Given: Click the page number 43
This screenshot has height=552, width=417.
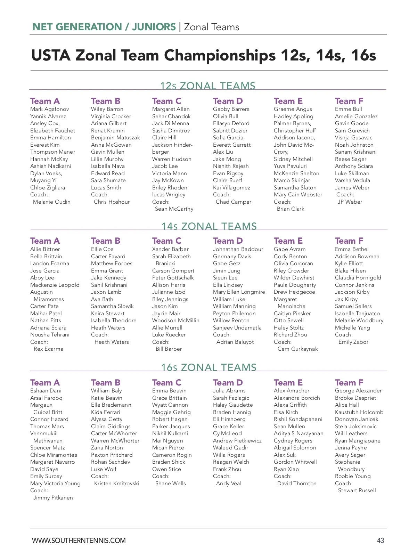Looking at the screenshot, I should click(380, 541).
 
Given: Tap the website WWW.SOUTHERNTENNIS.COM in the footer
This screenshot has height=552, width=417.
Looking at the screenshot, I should click(79, 541).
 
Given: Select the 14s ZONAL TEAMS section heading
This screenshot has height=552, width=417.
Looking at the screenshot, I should click(209, 226).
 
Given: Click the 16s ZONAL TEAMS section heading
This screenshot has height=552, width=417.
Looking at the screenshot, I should click(208, 367).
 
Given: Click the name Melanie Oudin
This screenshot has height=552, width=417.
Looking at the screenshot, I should click(52, 202).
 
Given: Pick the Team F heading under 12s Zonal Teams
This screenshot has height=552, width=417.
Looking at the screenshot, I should click(349, 101).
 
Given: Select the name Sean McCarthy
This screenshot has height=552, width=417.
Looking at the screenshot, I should click(174, 209).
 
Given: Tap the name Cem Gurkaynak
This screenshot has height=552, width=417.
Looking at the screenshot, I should click(297, 349).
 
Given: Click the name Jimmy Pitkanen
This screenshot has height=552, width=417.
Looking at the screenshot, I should click(53, 498).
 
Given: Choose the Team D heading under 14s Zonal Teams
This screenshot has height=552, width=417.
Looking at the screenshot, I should click(228, 241).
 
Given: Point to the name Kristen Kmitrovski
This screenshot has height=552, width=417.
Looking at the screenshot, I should click(117, 484).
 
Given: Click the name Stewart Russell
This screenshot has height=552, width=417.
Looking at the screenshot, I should click(357, 490).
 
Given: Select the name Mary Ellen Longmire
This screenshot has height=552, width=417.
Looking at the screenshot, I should click(239, 292).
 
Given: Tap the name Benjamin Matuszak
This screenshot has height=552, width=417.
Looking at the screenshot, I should click(115, 138).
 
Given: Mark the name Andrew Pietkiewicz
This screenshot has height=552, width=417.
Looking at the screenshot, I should click(237, 441).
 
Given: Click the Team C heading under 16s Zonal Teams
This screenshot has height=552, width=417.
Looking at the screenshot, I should click(167, 383).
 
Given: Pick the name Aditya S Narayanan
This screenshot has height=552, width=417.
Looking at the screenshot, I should click(299, 433).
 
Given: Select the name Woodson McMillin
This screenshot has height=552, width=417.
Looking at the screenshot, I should click(175, 320).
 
